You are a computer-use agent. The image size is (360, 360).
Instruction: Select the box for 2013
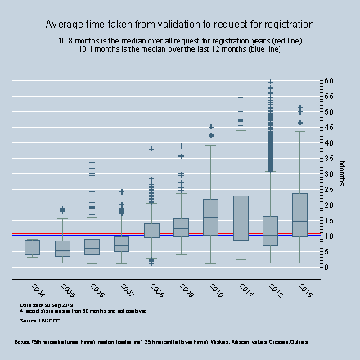[x=299, y=215]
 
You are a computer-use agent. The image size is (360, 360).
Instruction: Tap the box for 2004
[x=32, y=246]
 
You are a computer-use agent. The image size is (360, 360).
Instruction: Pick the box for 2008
[x=151, y=232]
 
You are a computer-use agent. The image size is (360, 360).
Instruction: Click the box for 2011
[x=241, y=218]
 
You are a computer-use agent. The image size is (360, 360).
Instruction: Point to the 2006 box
[x=92, y=246]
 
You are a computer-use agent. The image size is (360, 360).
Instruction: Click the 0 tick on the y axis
[x=326, y=267]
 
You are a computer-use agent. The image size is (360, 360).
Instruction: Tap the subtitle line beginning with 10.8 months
[x=179, y=40]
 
